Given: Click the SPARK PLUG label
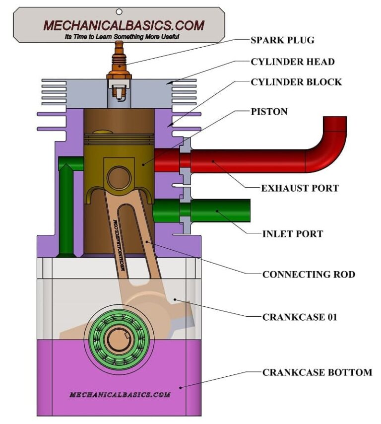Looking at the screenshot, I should pos(283,40).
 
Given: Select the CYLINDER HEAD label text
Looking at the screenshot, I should pos(292,62).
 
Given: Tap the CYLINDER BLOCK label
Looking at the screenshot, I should pos(296,82).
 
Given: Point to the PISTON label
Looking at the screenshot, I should pos(269,112).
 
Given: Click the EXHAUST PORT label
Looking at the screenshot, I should pos(300,188).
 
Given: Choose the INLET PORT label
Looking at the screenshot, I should pos(293,233).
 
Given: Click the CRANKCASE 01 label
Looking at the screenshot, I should pos(300,317).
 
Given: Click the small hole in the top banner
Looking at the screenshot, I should pos(119,11).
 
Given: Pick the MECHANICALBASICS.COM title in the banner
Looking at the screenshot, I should pos(123,25).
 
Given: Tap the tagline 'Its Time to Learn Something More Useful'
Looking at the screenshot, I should pos(122,36).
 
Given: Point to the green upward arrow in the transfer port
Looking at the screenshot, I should pos(65,209).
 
